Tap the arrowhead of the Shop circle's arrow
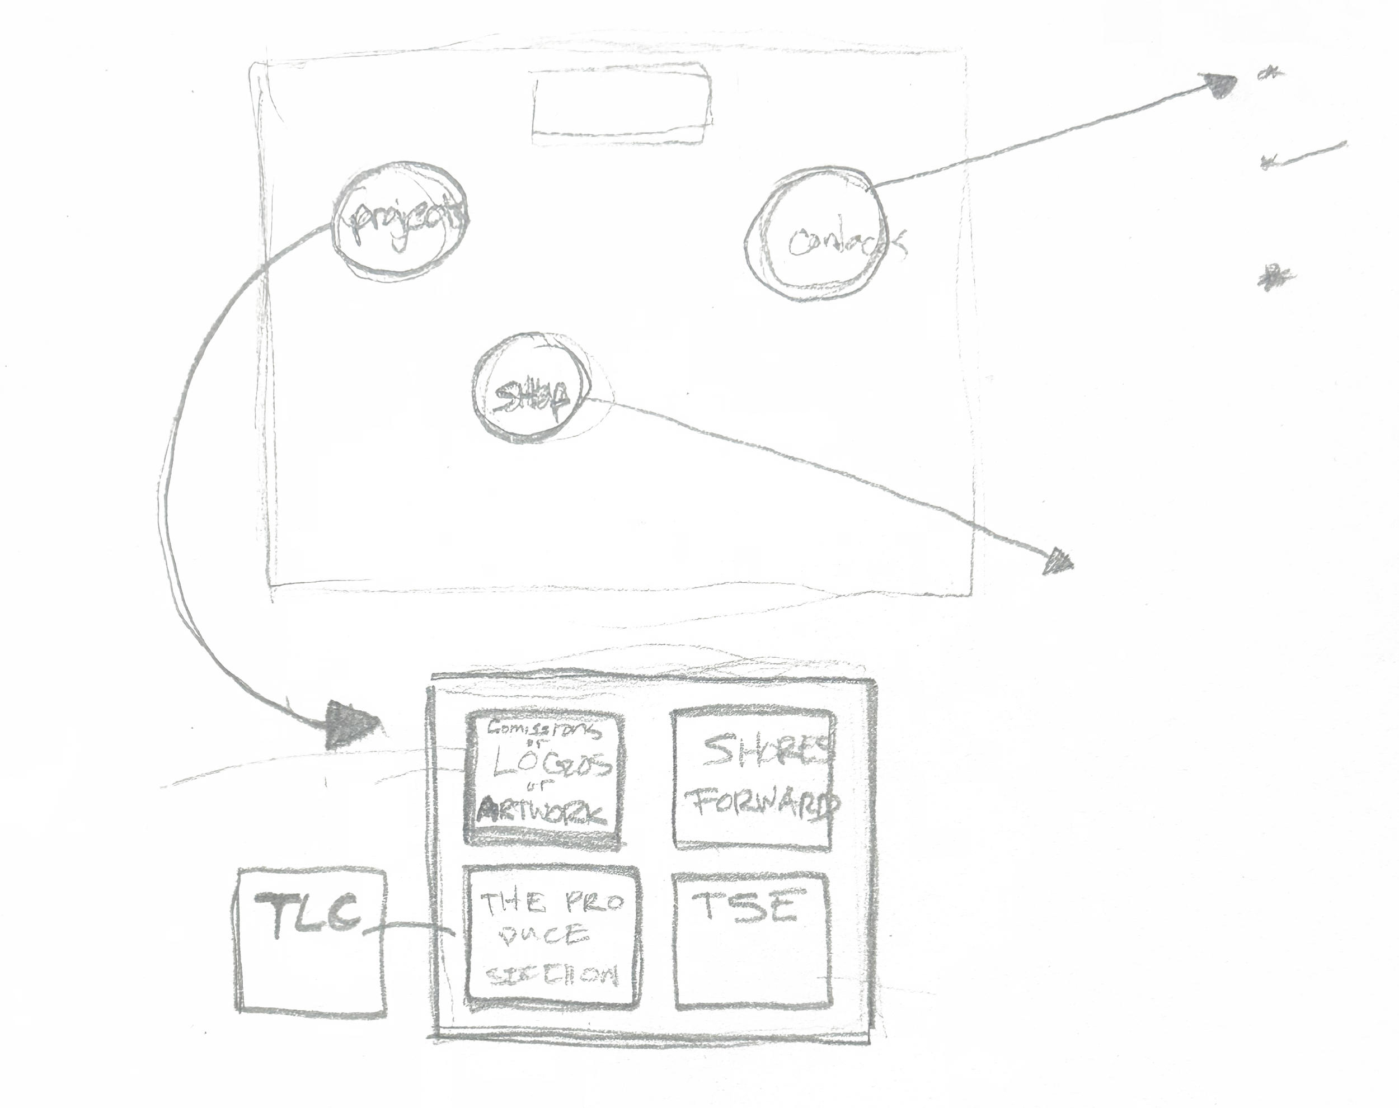click(1059, 560)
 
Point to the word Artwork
click(543, 811)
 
